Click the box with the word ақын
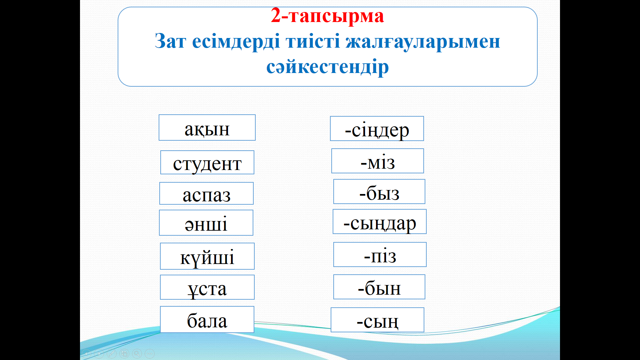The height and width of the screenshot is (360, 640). pyautogui.click(x=207, y=128)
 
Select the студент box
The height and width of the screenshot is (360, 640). pyautogui.click(x=207, y=162)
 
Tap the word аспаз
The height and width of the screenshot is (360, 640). pyautogui.click(x=207, y=195)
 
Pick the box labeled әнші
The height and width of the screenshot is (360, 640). pyautogui.click(x=206, y=223)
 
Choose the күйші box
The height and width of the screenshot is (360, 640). pyautogui.click(x=207, y=256)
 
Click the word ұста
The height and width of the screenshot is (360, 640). pyautogui.click(x=207, y=289)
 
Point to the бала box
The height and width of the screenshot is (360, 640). pyautogui.click(x=207, y=319)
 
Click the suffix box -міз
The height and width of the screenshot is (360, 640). pyautogui.click(x=378, y=161)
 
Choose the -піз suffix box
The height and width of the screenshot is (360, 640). pyautogui.click(x=380, y=255)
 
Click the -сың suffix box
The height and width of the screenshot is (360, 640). pyautogui.click(x=377, y=320)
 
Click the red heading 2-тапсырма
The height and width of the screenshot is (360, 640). pyautogui.click(x=327, y=16)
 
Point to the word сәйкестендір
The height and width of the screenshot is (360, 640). pyautogui.click(x=327, y=67)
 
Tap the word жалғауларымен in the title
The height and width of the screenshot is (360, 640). pyautogui.click(x=423, y=42)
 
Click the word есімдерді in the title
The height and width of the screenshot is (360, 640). pyautogui.click(x=236, y=42)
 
